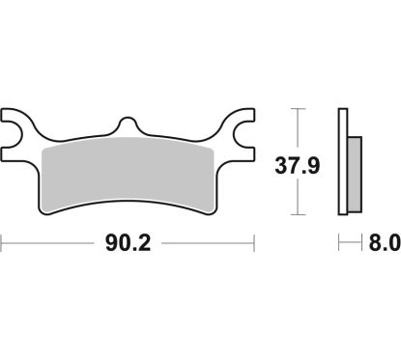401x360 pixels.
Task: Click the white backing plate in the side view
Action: pyautogui.click(x=342, y=164)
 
